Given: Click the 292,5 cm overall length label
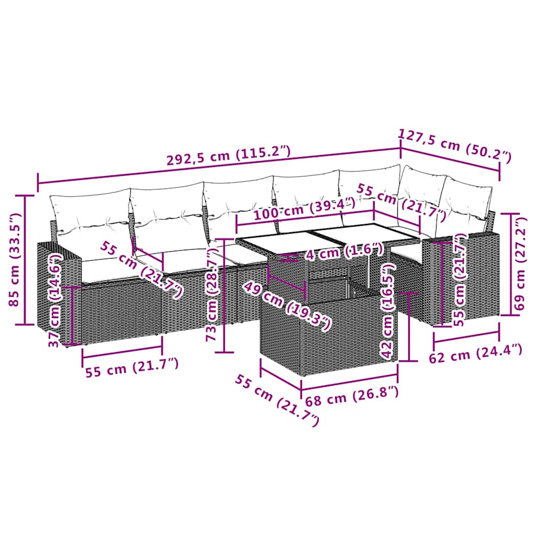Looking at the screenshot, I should point(228,157).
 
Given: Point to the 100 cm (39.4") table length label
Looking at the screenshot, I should point(305,209).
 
